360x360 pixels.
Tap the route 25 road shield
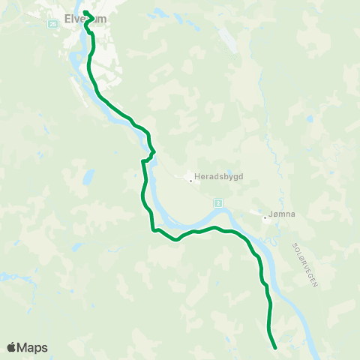[52, 24]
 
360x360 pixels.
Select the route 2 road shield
[217, 202]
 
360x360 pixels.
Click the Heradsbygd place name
[214, 177]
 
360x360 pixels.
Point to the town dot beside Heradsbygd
[190, 178]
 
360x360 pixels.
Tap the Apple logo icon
[12, 347]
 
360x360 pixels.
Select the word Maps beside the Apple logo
[33, 347]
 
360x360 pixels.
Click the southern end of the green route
[276, 348]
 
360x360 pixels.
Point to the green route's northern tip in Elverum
[85, 12]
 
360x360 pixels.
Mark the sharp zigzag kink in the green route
[150, 154]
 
